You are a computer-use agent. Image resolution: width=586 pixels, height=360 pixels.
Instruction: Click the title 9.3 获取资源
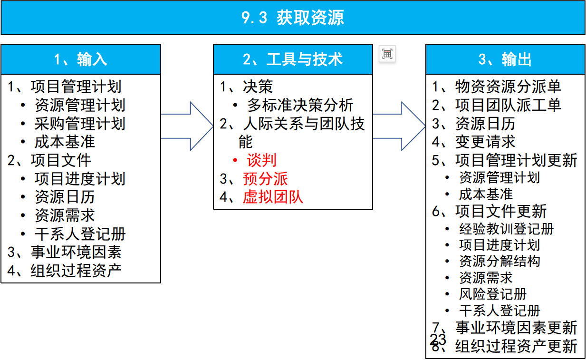tap(293, 18)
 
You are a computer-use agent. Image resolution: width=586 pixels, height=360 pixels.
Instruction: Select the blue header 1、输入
tap(81, 59)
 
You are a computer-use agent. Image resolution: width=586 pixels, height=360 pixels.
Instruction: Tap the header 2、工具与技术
tap(293, 59)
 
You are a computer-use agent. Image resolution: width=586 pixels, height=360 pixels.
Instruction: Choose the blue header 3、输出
tap(505, 59)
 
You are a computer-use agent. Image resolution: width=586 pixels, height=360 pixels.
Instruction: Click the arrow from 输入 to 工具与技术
tap(188, 126)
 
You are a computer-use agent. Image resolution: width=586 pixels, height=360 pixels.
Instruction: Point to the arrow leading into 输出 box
tap(400, 126)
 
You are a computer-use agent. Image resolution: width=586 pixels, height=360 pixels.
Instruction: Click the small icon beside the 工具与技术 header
tap(387, 54)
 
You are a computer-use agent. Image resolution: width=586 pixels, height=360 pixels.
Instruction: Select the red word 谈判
tap(261, 160)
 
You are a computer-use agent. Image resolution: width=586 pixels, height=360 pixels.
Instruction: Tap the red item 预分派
tap(265, 179)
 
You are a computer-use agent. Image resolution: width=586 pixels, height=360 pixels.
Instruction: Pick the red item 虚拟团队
tap(273, 197)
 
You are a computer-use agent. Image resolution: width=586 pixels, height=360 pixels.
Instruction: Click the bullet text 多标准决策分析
tap(300, 105)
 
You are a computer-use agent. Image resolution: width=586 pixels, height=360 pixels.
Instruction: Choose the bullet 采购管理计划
tap(80, 124)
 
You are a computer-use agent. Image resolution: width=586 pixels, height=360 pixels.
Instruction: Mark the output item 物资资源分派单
tap(508, 87)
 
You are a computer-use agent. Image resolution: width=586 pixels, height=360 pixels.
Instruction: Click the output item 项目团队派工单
tap(508, 105)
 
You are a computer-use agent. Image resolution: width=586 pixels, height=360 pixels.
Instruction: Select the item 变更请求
tap(485, 142)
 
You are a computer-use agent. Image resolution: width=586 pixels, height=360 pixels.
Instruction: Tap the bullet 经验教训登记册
tap(507, 229)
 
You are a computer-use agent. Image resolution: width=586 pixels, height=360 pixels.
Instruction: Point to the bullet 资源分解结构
tap(500, 261)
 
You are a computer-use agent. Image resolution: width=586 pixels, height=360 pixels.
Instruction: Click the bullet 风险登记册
tap(493, 294)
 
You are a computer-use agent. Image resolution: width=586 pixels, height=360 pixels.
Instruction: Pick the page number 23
tap(438, 339)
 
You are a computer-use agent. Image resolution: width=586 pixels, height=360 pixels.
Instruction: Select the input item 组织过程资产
tap(76, 270)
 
